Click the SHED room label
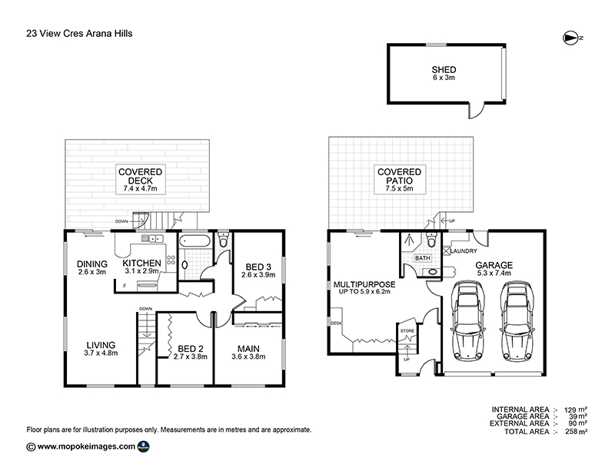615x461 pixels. point(444,70)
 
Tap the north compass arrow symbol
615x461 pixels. point(570,38)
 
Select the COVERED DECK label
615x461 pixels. point(141,177)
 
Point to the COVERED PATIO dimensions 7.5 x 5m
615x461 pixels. point(399,188)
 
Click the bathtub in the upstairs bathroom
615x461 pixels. point(195,240)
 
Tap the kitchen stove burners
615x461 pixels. point(171,260)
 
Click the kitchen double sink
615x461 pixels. point(152,238)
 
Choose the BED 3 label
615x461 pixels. point(258,267)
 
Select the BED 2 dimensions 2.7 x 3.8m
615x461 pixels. point(190,357)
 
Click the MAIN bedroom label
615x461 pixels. point(248,349)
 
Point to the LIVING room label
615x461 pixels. point(101,345)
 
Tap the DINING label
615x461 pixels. point(91,264)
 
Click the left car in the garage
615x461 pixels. point(468,320)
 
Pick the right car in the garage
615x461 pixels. point(518,320)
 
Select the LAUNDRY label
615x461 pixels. point(464,251)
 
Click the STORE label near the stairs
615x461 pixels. point(407,331)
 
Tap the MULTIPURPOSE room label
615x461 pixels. point(364,284)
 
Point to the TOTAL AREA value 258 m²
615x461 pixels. point(575,432)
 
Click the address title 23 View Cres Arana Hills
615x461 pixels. point(79,33)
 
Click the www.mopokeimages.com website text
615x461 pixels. point(86,446)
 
